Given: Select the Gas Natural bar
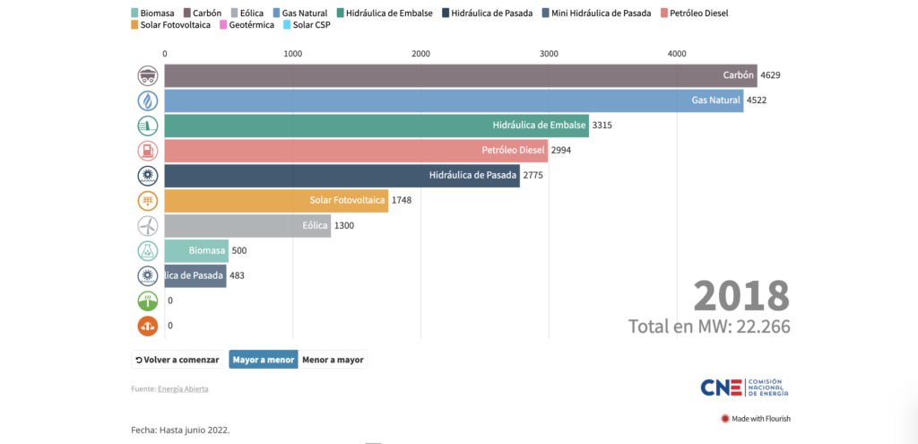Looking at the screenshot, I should (453, 100).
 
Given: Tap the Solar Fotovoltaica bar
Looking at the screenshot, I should (276, 200).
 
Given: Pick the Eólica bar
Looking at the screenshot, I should (247, 225).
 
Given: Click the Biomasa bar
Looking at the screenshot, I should (196, 250).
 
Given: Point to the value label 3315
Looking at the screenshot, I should (602, 126).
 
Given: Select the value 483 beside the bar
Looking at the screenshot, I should (238, 275).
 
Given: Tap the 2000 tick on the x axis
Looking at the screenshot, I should (421, 54).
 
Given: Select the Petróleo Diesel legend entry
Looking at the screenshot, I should (694, 13).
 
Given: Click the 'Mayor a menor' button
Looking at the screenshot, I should (263, 360).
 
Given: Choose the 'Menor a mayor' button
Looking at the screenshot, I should (333, 360).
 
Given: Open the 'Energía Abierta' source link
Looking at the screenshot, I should (183, 388).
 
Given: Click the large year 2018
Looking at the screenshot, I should (741, 295).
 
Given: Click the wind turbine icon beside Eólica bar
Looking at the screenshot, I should (148, 225).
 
